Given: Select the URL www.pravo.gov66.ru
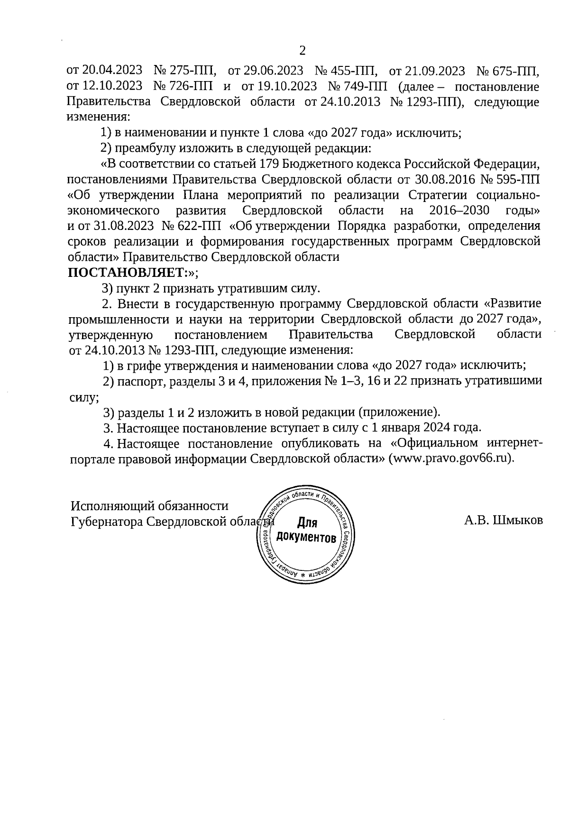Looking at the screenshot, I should pyautogui.click(x=450, y=459).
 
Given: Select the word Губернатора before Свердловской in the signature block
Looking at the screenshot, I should pyautogui.click(x=106, y=522).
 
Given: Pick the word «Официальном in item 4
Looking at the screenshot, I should pyautogui.click(x=433, y=443).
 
